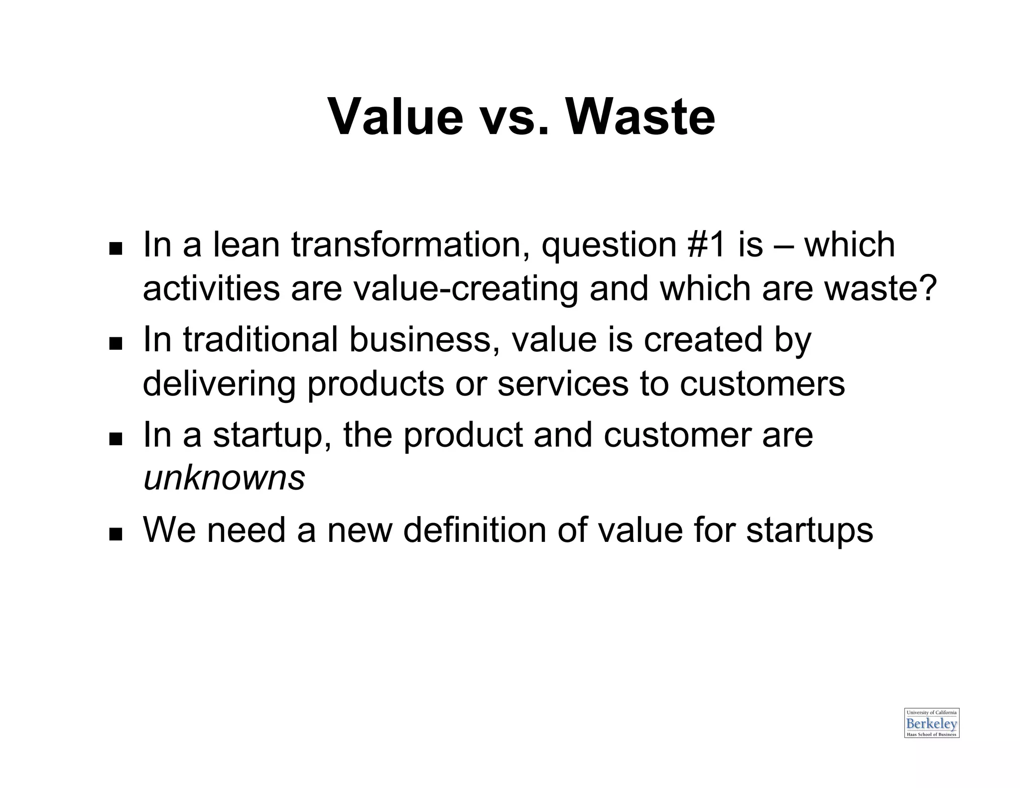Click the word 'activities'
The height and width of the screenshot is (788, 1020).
click(x=211, y=289)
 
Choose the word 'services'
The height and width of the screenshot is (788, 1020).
click(x=563, y=384)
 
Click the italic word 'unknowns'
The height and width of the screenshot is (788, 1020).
click(x=224, y=478)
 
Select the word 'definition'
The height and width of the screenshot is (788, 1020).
click(x=475, y=529)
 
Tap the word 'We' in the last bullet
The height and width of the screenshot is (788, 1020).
click(x=169, y=529)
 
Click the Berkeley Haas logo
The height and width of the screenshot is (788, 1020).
click(x=931, y=723)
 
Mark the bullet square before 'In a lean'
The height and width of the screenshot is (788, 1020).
click(x=116, y=248)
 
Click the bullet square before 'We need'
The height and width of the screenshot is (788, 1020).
click(x=116, y=534)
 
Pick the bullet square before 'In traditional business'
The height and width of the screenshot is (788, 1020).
click(x=116, y=343)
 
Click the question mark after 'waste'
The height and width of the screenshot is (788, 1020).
click(x=928, y=289)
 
